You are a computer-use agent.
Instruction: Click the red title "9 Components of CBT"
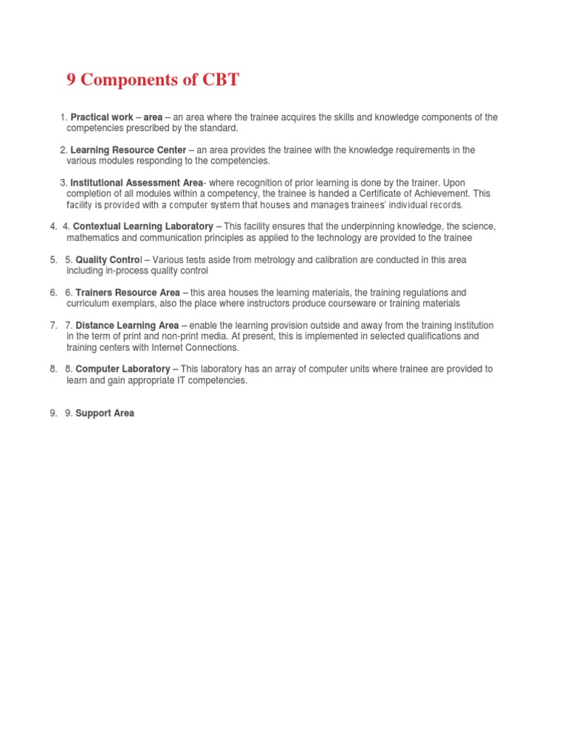153,80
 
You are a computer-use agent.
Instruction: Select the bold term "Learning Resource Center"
128,150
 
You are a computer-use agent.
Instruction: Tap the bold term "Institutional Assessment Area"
136,183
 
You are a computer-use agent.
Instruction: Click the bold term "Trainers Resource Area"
128,293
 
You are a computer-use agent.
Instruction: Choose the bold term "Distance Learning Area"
127,325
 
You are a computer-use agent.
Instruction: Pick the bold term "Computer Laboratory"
123,369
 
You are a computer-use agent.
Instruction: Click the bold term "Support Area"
105,414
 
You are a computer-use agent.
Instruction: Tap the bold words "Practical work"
102,117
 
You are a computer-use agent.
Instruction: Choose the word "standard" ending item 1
219,128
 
